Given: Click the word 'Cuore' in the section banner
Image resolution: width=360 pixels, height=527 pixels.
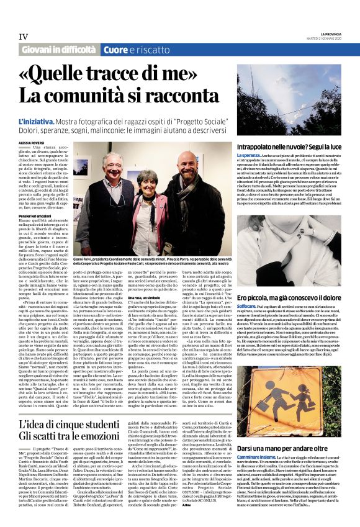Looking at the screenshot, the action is (115, 50).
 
